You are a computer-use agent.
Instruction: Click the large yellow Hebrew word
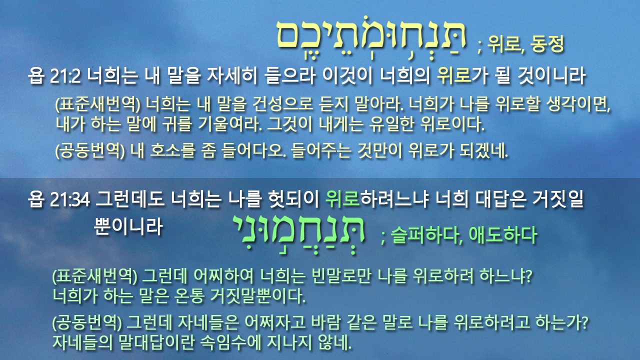(371, 37)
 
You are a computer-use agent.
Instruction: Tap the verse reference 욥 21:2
(54, 76)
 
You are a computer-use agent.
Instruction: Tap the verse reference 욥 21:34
(59, 199)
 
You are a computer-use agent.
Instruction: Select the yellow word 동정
(547, 44)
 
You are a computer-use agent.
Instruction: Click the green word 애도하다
(503, 235)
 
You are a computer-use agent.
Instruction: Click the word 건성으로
(283, 104)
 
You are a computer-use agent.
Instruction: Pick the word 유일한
(391, 124)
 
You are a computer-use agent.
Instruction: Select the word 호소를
(173, 151)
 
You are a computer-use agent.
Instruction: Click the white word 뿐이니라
(128, 227)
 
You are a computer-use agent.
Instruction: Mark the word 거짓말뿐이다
(257, 296)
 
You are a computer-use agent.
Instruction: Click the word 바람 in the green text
(325, 322)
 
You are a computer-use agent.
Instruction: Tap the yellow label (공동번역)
(90, 151)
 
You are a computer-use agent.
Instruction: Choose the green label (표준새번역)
(95, 276)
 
